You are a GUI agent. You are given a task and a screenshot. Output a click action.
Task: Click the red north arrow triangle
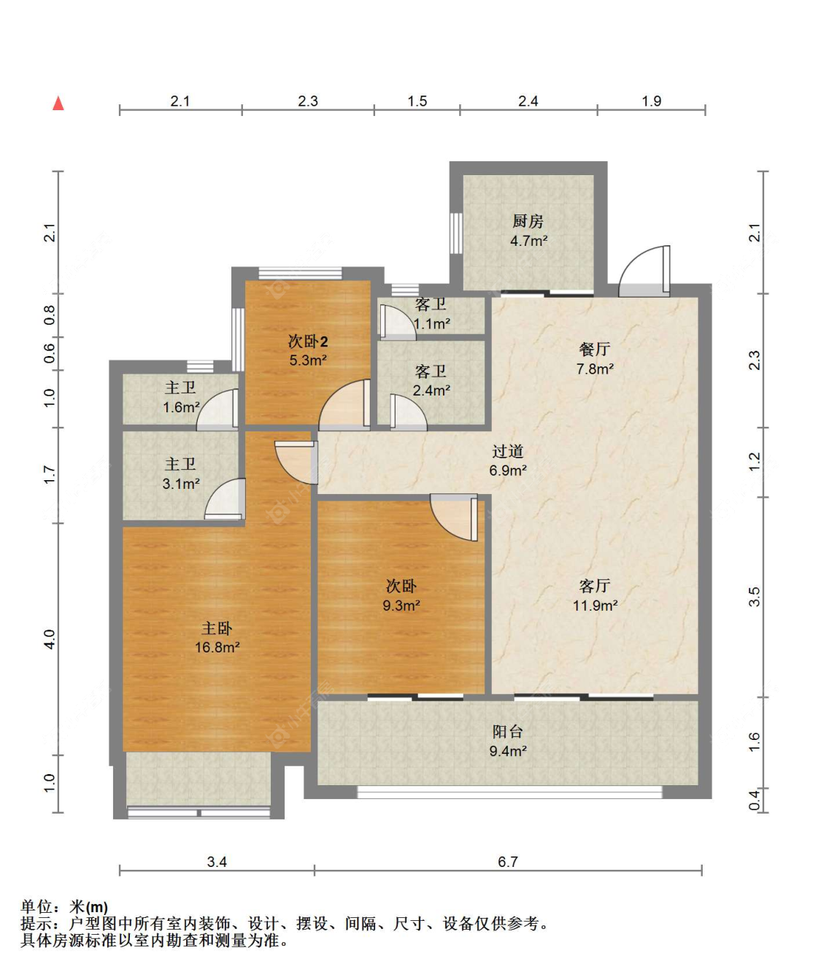click(58, 104)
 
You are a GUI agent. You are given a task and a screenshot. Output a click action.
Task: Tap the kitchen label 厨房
click(528, 221)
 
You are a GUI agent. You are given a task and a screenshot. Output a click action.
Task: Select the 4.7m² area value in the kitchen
click(528, 241)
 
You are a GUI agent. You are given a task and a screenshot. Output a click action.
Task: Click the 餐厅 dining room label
click(595, 349)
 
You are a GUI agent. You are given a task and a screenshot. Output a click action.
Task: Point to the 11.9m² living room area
click(595, 606)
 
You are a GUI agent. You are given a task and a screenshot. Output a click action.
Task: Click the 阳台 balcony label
click(507, 731)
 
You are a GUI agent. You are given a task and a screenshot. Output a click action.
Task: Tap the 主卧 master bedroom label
click(217, 628)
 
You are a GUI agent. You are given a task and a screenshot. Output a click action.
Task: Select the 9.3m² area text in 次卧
click(401, 606)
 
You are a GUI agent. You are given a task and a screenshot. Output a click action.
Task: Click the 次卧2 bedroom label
click(308, 342)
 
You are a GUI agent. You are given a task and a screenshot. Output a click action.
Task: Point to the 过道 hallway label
click(507, 451)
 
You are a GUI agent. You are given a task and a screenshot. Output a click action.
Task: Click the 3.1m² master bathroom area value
click(181, 483)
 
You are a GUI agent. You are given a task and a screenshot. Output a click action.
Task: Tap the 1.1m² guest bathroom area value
click(432, 323)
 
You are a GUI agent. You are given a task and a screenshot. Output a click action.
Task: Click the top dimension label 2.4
click(528, 101)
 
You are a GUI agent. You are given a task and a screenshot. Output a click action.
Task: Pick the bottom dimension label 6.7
click(507, 862)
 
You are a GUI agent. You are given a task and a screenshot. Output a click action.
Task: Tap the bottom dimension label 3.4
click(217, 862)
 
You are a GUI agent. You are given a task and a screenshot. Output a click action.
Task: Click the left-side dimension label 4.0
click(50, 640)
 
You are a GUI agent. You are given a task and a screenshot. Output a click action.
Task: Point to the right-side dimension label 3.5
click(754, 597)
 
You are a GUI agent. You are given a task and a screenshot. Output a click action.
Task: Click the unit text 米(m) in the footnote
click(89, 907)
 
